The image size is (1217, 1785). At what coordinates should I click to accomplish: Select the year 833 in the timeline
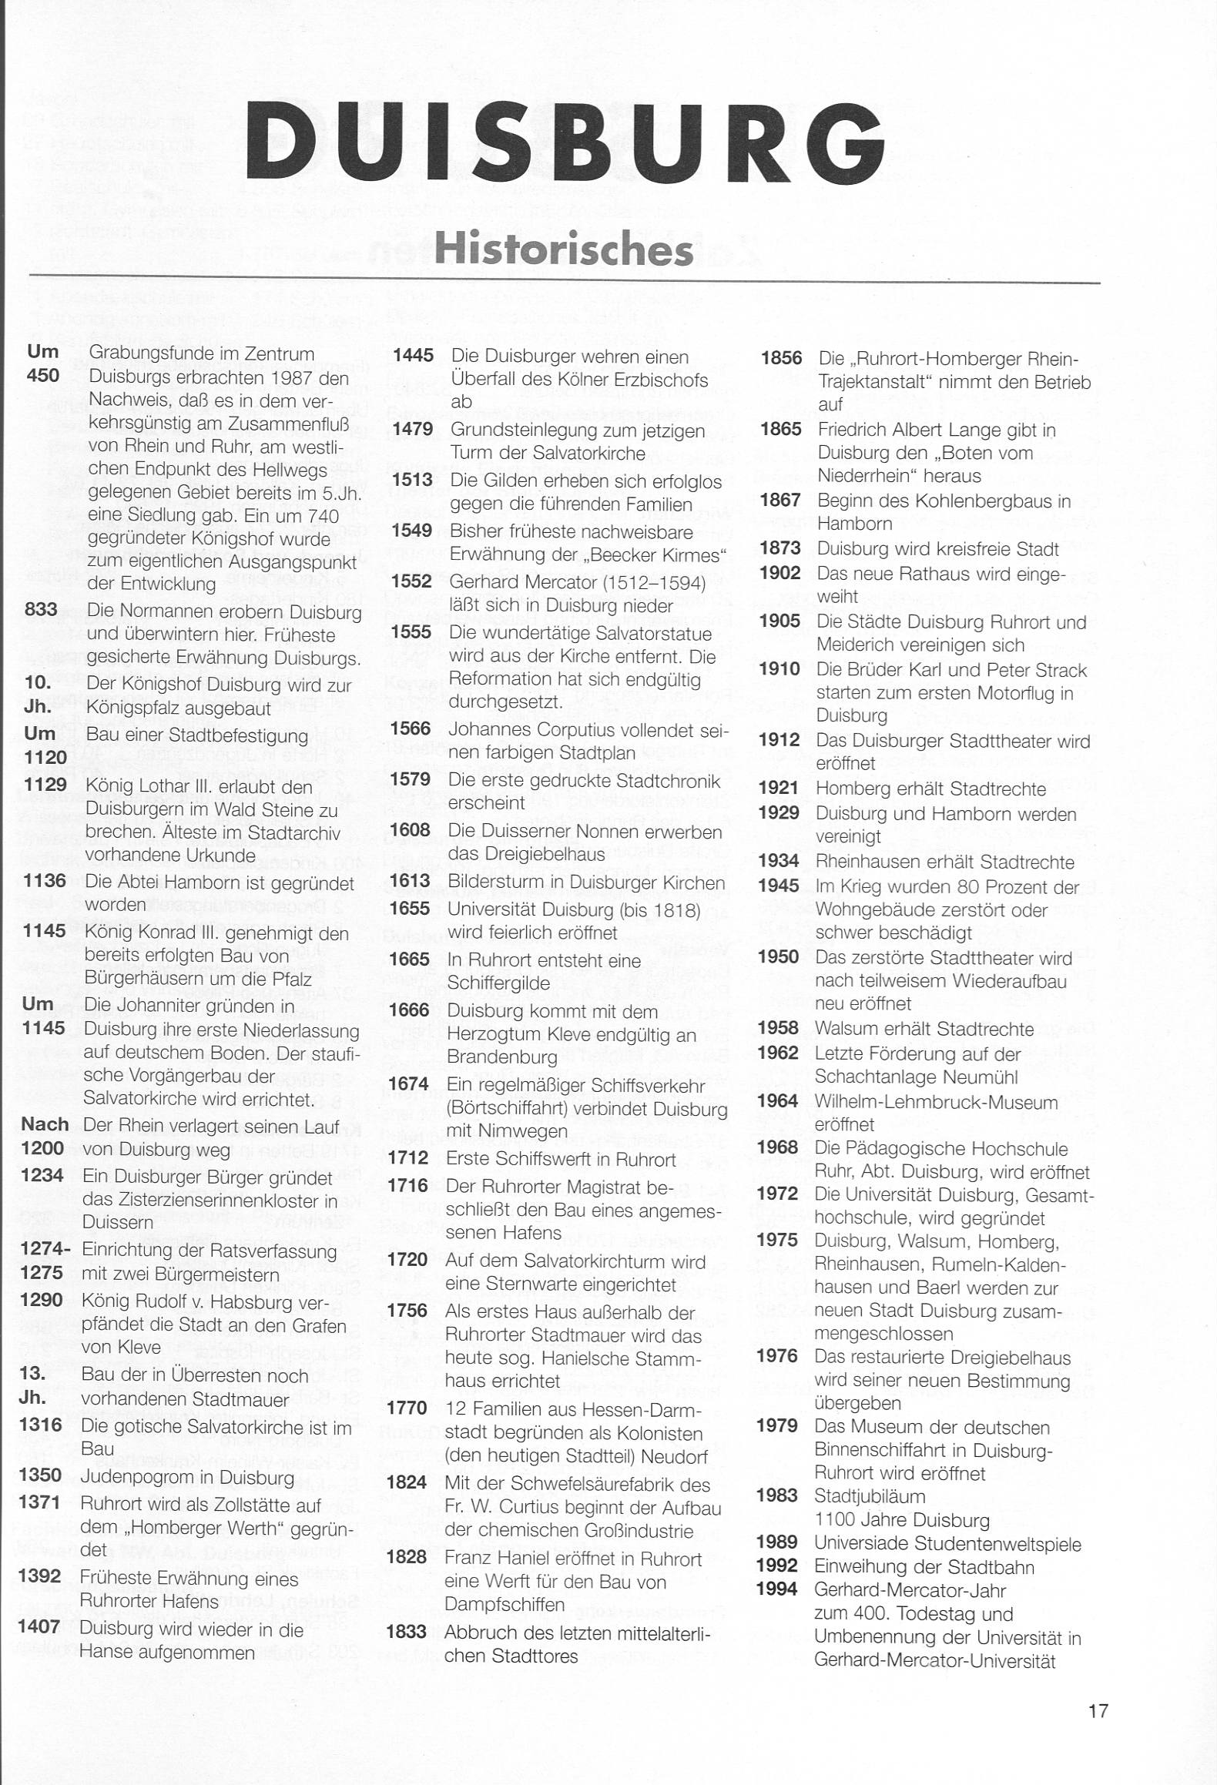pyautogui.click(x=41, y=610)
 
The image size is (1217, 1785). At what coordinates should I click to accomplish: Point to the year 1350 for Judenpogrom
pyautogui.click(x=41, y=1475)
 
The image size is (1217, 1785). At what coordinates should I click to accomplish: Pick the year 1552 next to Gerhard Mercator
pyautogui.click(x=411, y=581)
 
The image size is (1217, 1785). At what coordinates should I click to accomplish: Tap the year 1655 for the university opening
pyautogui.click(x=409, y=908)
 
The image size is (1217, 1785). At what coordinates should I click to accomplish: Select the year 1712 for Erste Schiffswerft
pyautogui.click(x=407, y=1160)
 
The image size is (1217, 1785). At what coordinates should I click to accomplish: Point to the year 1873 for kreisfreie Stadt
pyautogui.click(x=779, y=548)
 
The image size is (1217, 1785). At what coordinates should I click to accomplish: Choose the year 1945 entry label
pyautogui.click(x=778, y=886)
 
